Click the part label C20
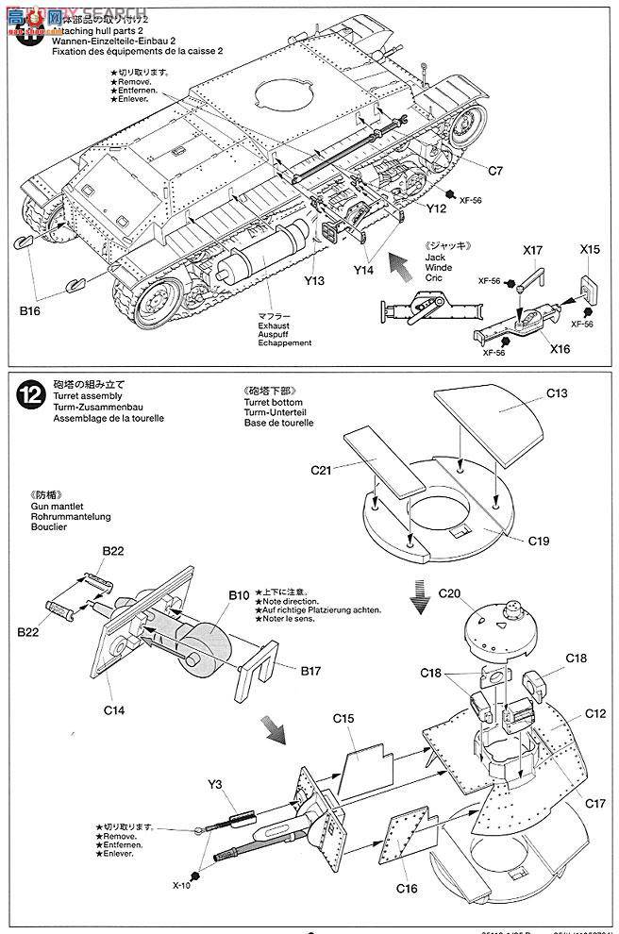pyautogui.click(x=449, y=593)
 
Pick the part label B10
pyautogui.click(x=238, y=595)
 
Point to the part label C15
pyautogui.click(x=343, y=719)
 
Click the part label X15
pyautogui.click(x=590, y=253)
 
